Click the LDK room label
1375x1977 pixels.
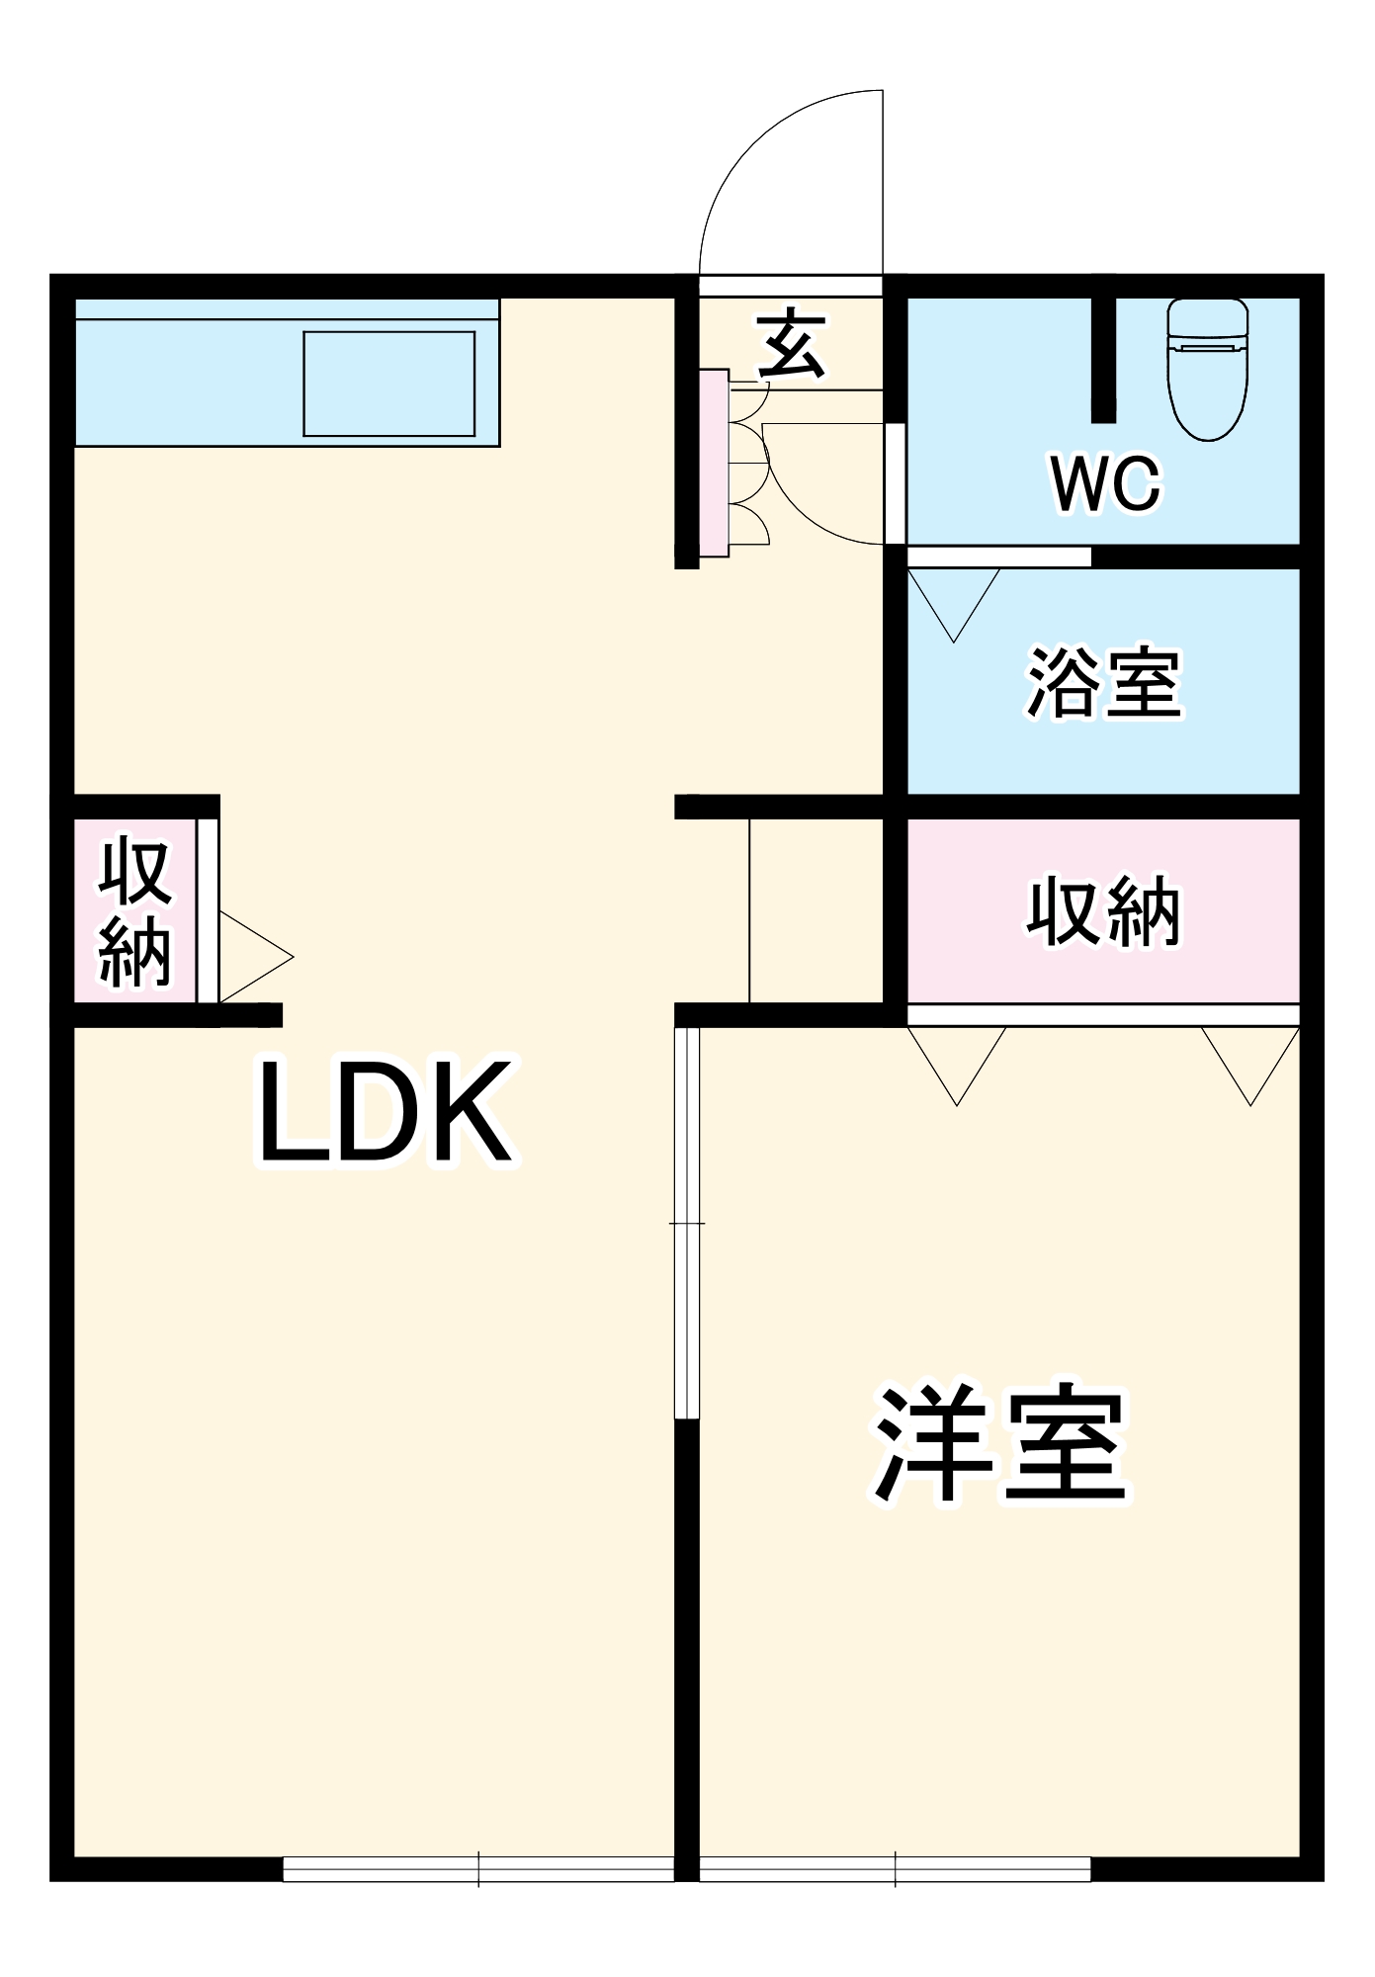[x=386, y=1112]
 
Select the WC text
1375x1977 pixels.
[x=1105, y=483]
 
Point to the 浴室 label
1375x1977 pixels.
[x=1104, y=683]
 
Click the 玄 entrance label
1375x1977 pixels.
[x=791, y=345]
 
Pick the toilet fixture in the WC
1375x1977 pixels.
[x=1207, y=368]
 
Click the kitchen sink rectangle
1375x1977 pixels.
[x=388, y=384]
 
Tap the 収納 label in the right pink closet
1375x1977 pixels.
[x=1103, y=910]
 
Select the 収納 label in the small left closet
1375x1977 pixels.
[x=135, y=911]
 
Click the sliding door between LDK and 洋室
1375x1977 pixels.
[x=686, y=1224]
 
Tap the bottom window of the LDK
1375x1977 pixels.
[x=478, y=1868]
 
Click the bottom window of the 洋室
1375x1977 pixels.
[x=895, y=1868]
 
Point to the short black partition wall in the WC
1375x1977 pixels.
[x=1103, y=360]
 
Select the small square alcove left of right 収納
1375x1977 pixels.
[x=816, y=910]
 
